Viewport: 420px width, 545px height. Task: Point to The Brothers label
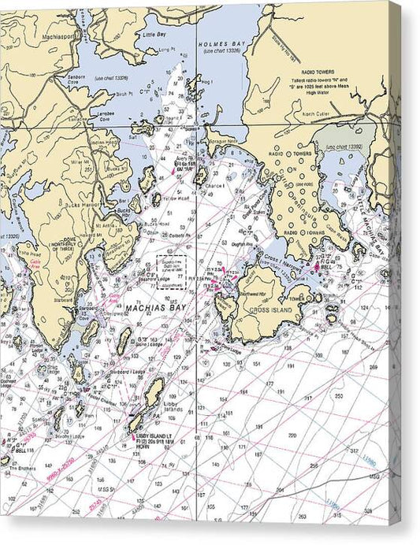(20, 469)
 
